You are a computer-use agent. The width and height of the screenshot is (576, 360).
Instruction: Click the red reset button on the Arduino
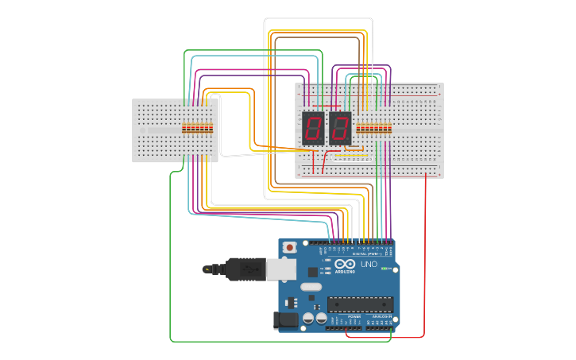pos(290,247)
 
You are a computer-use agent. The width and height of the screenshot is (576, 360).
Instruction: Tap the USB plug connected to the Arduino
pos(246,269)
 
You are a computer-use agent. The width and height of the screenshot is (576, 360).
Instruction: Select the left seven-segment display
pos(312,127)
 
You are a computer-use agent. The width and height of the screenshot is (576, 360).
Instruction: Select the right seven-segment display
pos(340,127)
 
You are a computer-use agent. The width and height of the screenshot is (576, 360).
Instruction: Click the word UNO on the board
pos(369,265)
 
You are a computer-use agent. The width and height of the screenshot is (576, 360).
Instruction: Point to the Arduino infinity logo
pos(345,264)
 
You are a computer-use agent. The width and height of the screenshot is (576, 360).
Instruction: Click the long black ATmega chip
pos(360,304)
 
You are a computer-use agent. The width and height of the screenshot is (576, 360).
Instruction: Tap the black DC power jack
pos(285,320)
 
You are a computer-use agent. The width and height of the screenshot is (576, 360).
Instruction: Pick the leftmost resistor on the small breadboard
pos(184,127)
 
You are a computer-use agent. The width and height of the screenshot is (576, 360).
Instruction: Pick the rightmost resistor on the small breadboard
pos(211,127)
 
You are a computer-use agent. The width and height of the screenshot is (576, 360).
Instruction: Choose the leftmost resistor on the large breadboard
pos(358,128)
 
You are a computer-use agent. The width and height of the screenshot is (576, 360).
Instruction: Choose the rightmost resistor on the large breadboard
pos(390,128)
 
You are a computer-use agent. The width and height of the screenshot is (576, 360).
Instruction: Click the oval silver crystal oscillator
pos(311,286)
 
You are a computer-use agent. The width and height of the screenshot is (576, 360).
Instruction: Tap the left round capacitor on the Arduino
pos(308,318)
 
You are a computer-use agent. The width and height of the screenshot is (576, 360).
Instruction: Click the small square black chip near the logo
pos(312,271)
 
